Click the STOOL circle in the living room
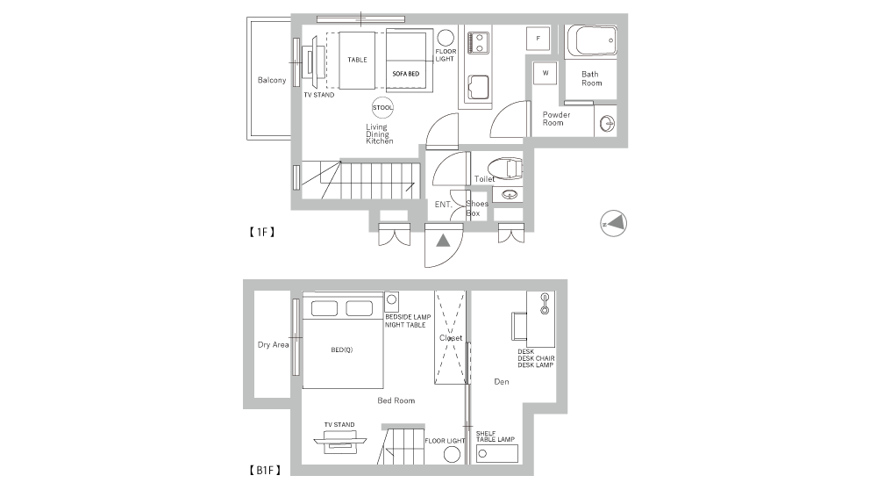[382, 108]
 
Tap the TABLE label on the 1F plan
[357, 60]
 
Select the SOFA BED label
[405, 74]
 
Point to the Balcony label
[272, 80]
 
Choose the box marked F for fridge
[538, 39]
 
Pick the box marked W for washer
[546, 73]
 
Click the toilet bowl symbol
[505, 169]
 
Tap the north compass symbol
[614, 224]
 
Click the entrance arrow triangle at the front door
[443, 241]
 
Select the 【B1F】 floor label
[265, 471]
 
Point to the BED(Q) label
[342, 350]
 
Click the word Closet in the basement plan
[451, 338]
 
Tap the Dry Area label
[273, 345]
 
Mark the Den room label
[502, 382]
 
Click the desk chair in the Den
[518, 326]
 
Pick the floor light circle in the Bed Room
[453, 455]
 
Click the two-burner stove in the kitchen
[478, 43]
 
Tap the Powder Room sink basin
[607, 123]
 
